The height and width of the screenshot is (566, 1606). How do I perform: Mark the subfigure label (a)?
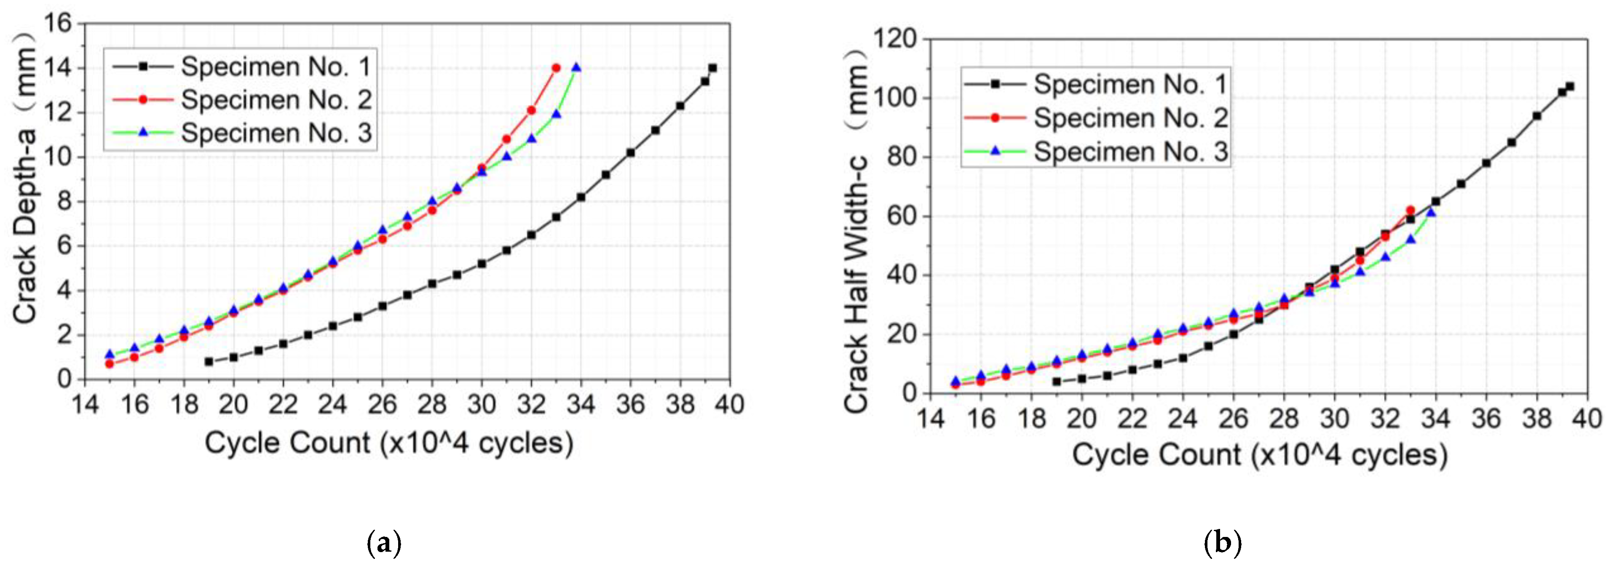coord(383,544)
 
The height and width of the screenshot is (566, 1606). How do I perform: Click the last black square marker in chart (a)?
coord(712,68)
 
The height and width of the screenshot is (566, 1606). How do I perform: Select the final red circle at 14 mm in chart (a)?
coord(556,68)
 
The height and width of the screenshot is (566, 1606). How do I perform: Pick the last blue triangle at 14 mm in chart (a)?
coord(576,67)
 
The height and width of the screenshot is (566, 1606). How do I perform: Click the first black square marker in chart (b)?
coord(1056,382)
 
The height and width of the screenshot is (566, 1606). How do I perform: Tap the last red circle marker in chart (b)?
coord(1410,211)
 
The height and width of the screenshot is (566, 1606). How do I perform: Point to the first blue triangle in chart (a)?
coord(110,354)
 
